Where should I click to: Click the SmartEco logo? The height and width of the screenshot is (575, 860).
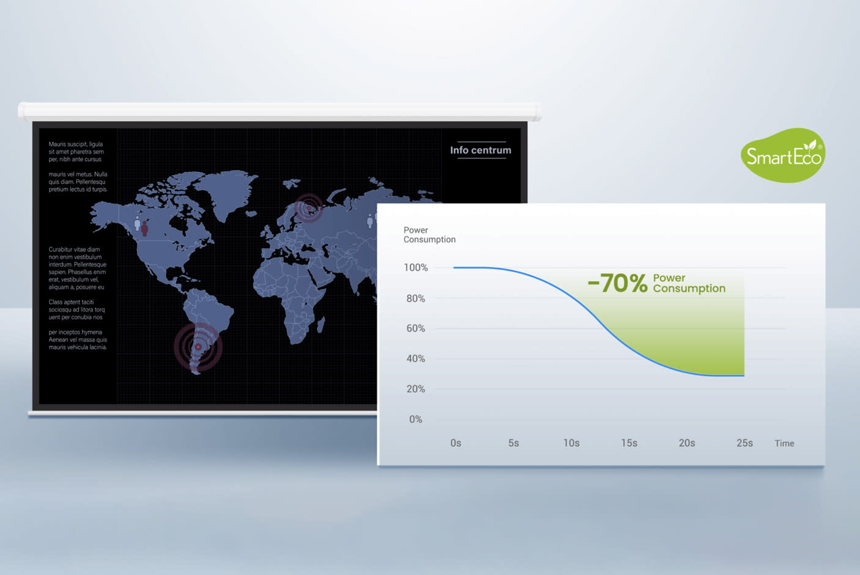pyautogui.click(x=783, y=155)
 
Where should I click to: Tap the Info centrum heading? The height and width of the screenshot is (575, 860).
pyautogui.click(x=481, y=150)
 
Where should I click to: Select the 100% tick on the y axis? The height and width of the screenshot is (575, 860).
pyautogui.click(x=416, y=267)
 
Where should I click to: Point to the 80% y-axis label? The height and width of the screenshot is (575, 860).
pyautogui.click(x=416, y=299)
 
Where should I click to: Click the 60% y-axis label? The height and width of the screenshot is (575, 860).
pyautogui.click(x=416, y=328)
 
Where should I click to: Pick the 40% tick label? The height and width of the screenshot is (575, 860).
pyautogui.click(x=416, y=358)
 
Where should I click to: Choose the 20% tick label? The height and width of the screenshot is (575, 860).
pyautogui.click(x=416, y=389)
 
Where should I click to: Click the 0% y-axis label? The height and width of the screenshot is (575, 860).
pyautogui.click(x=416, y=419)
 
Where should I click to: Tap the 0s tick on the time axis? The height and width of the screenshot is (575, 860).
pyautogui.click(x=456, y=443)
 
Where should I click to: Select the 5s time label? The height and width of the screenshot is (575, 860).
pyautogui.click(x=514, y=443)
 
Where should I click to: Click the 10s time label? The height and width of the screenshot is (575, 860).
pyautogui.click(x=571, y=443)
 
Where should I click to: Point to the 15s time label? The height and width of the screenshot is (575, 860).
pyautogui.click(x=629, y=443)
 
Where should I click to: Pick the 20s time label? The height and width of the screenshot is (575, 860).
pyautogui.click(x=687, y=443)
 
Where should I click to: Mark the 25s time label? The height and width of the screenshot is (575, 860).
pyautogui.click(x=745, y=443)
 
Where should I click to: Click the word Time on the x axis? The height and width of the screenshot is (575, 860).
pyautogui.click(x=784, y=443)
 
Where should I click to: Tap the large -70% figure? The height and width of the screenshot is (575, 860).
pyautogui.click(x=617, y=283)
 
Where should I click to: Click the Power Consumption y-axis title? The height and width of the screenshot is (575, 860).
pyautogui.click(x=429, y=234)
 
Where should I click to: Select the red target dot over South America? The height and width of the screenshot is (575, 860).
pyautogui.click(x=198, y=347)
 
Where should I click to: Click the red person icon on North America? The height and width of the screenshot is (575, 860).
pyautogui.click(x=144, y=228)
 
